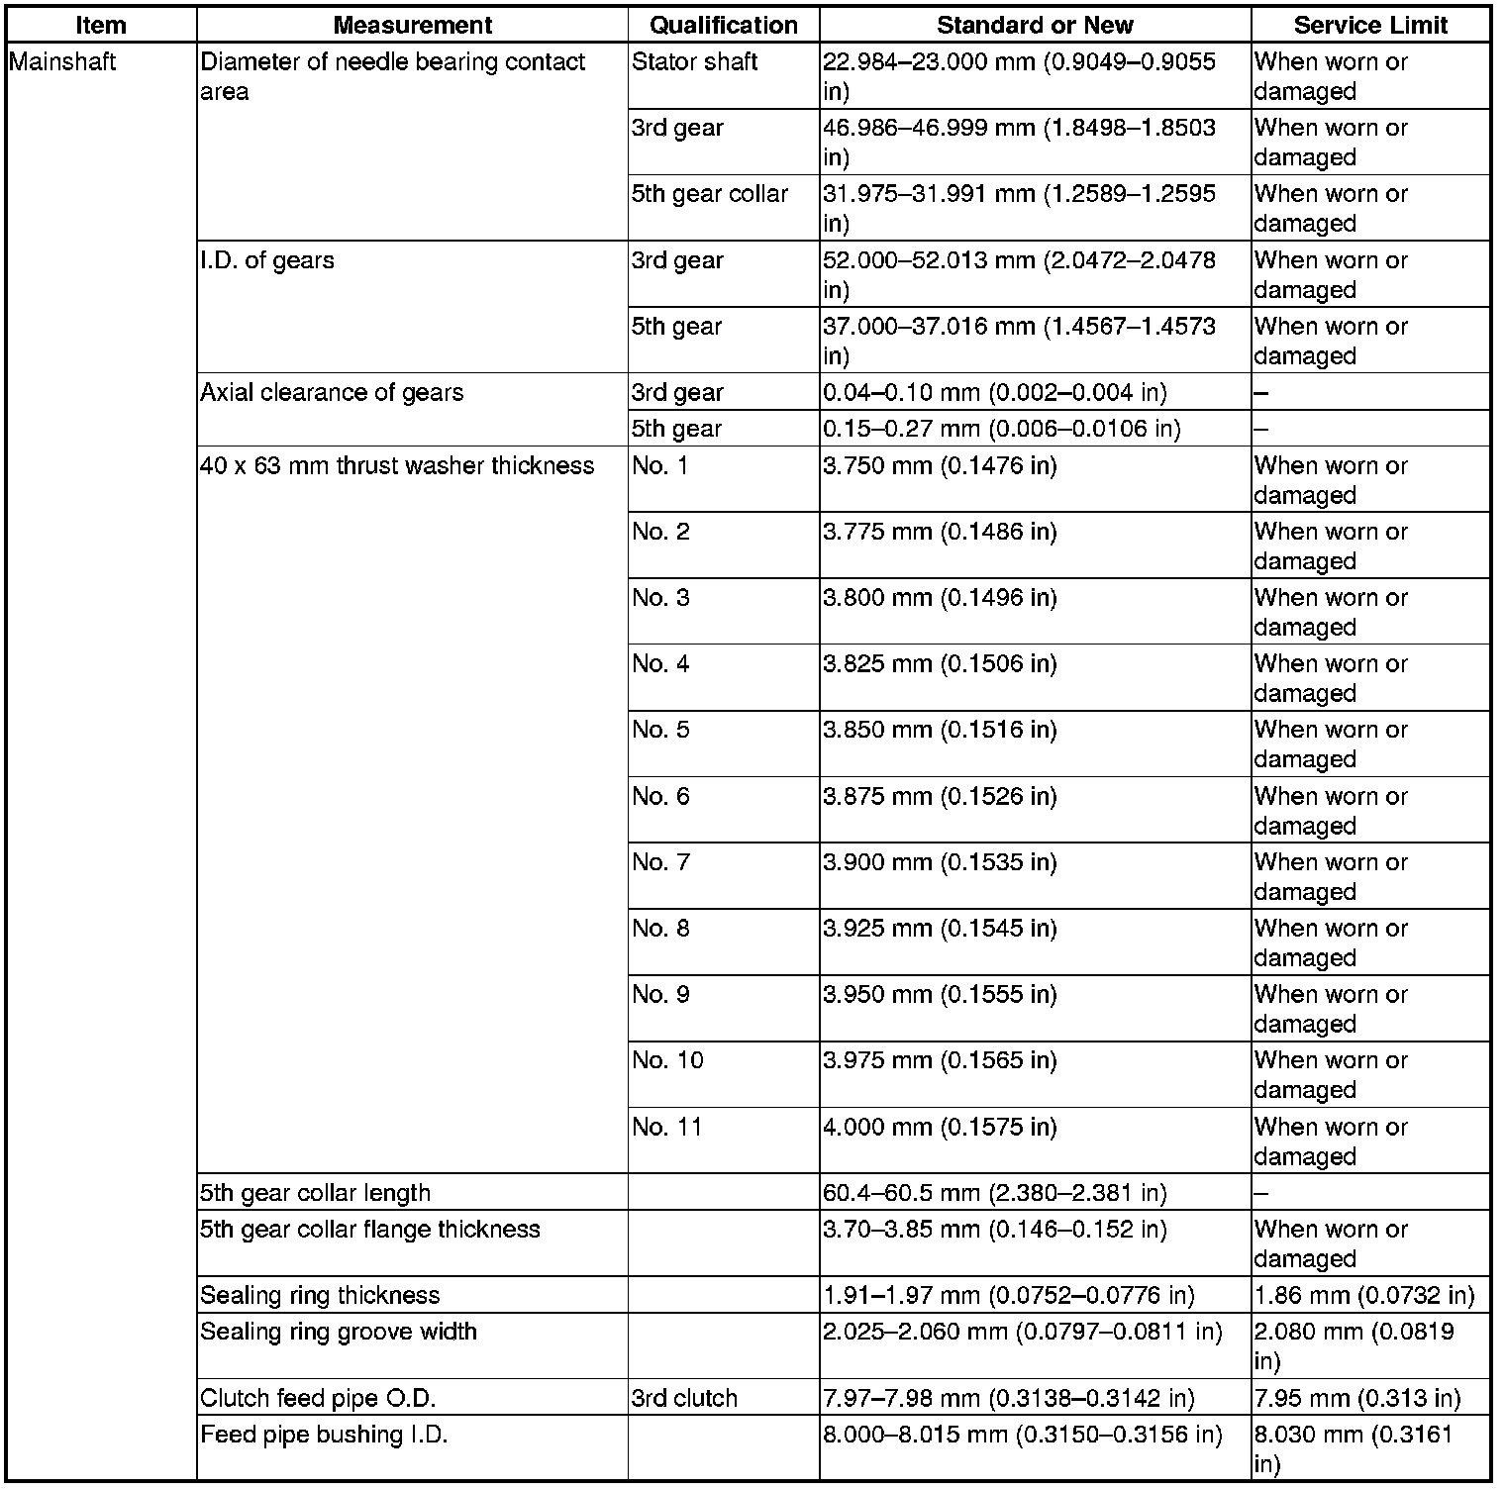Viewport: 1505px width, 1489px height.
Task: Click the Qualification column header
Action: click(723, 25)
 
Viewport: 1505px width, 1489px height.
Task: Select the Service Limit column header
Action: click(1370, 25)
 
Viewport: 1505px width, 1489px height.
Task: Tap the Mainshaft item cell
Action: click(62, 62)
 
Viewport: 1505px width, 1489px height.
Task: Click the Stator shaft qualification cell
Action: click(694, 62)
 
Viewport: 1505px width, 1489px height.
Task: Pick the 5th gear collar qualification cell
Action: click(709, 194)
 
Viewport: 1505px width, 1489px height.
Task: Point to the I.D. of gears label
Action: click(267, 260)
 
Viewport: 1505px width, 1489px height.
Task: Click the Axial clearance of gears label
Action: click(332, 393)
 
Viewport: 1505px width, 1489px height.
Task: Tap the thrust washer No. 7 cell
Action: click(660, 862)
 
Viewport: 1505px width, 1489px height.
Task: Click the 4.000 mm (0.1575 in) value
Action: click(939, 1127)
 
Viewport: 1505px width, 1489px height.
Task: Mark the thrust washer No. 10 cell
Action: click(667, 1060)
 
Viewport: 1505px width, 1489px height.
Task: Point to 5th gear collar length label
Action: click(315, 1193)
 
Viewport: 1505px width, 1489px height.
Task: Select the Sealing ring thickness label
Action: click(320, 1295)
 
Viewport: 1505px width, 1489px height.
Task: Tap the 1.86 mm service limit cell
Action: click(1363, 1295)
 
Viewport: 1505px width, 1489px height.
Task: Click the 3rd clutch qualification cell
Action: click(684, 1398)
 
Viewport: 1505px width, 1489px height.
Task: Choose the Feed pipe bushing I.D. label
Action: click(324, 1435)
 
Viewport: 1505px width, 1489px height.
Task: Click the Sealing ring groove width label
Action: click(339, 1332)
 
